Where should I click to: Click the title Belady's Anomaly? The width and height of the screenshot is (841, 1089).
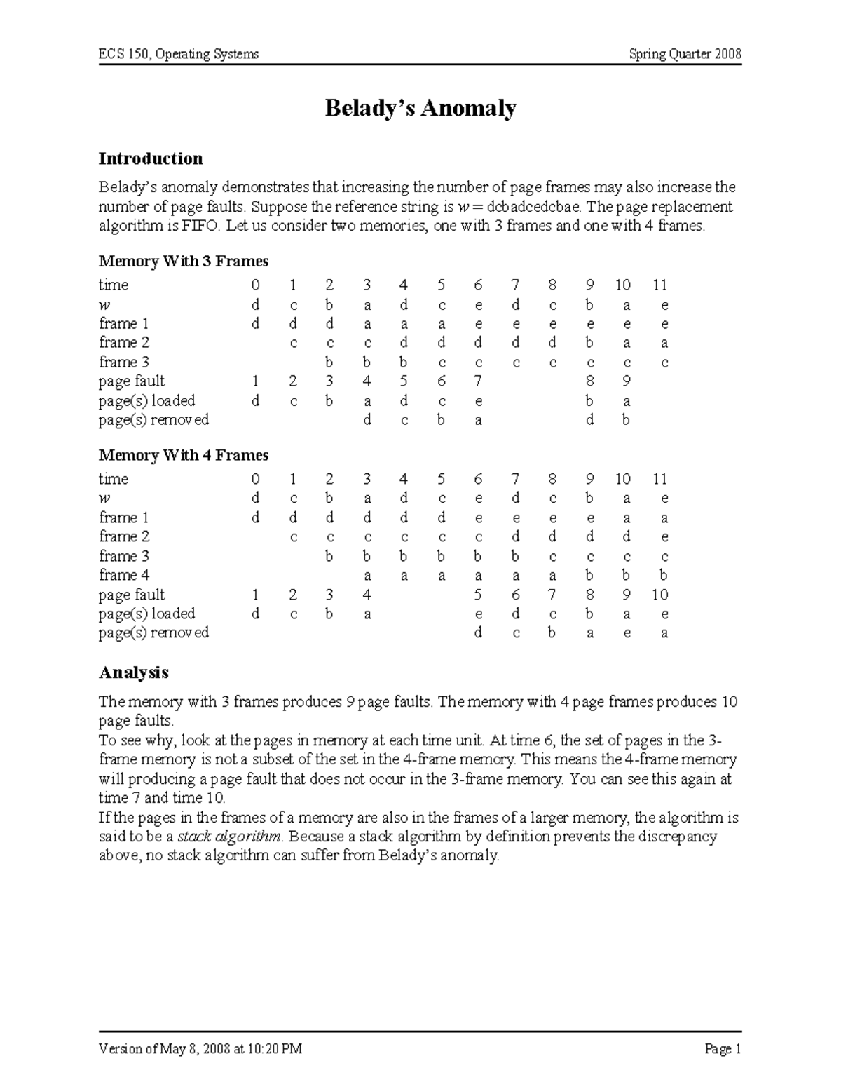pyautogui.click(x=420, y=109)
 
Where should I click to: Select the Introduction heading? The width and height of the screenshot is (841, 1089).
pyautogui.click(x=151, y=158)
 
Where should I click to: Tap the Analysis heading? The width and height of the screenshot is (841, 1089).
pyautogui.click(x=133, y=672)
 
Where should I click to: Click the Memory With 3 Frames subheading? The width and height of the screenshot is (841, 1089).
pyautogui.click(x=184, y=262)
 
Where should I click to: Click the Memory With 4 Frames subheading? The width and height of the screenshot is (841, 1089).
pyautogui.click(x=184, y=456)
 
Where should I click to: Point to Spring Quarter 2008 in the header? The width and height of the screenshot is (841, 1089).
pyautogui.click(x=685, y=54)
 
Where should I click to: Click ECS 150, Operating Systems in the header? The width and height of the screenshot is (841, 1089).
pyautogui.click(x=179, y=54)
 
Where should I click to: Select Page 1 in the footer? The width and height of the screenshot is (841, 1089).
pyautogui.click(x=723, y=1050)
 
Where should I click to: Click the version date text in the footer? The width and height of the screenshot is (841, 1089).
pyautogui.click(x=200, y=1050)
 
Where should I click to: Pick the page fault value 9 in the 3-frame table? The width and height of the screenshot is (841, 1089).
pyautogui.click(x=627, y=381)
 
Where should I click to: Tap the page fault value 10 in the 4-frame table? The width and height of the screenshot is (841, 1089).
pyautogui.click(x=659, y=595)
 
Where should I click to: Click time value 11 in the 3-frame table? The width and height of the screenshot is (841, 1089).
pyautogui.click(x=659, y=285)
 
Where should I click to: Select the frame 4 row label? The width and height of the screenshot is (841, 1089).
pyautogui.click(x=124, y=575)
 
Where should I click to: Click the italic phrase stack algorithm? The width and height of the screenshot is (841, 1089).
pyautogui.click(x=230, y=837)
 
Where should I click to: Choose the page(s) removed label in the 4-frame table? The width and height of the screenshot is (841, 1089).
pyautogui.click(x=153, y=633)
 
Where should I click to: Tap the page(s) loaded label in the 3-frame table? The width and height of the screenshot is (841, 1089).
pyautogui.click(x=146, y=401)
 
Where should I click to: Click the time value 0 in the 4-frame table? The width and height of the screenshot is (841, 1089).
pyautogui.click(x=255, y=480)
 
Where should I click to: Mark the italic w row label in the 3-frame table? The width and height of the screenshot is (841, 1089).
pyautogui.click(x=104, y=305)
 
